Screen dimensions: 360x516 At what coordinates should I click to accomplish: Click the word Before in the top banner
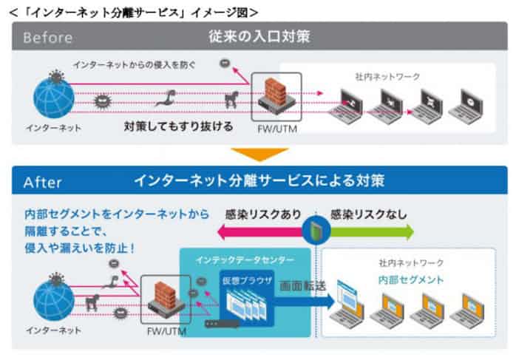tap(47, 36)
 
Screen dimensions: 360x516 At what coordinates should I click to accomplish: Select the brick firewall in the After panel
tap(163, 296)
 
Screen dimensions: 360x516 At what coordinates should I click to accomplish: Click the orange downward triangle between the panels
tap(258, 154)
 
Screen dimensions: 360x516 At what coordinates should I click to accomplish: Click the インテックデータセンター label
tap(245, 259)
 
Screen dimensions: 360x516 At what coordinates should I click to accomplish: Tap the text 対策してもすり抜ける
tap(179, 126)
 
